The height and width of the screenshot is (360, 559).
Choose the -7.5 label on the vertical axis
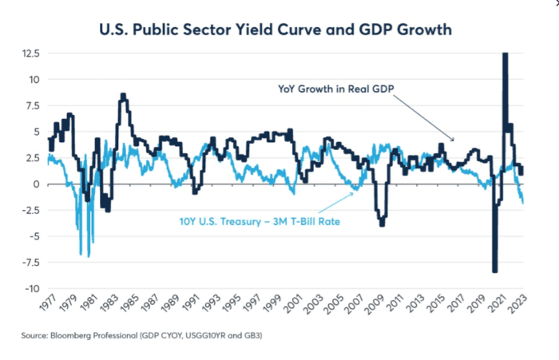(x=30, y=262)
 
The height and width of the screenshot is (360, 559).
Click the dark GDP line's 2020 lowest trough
(x=495, y=271)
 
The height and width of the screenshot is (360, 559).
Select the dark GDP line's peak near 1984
(x=123, y=94)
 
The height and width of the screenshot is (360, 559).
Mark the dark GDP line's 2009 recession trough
(x=382, y=225)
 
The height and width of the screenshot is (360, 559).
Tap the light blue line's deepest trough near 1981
(x=88, y=256)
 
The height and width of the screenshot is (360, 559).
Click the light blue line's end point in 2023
(x=522, y=203)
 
